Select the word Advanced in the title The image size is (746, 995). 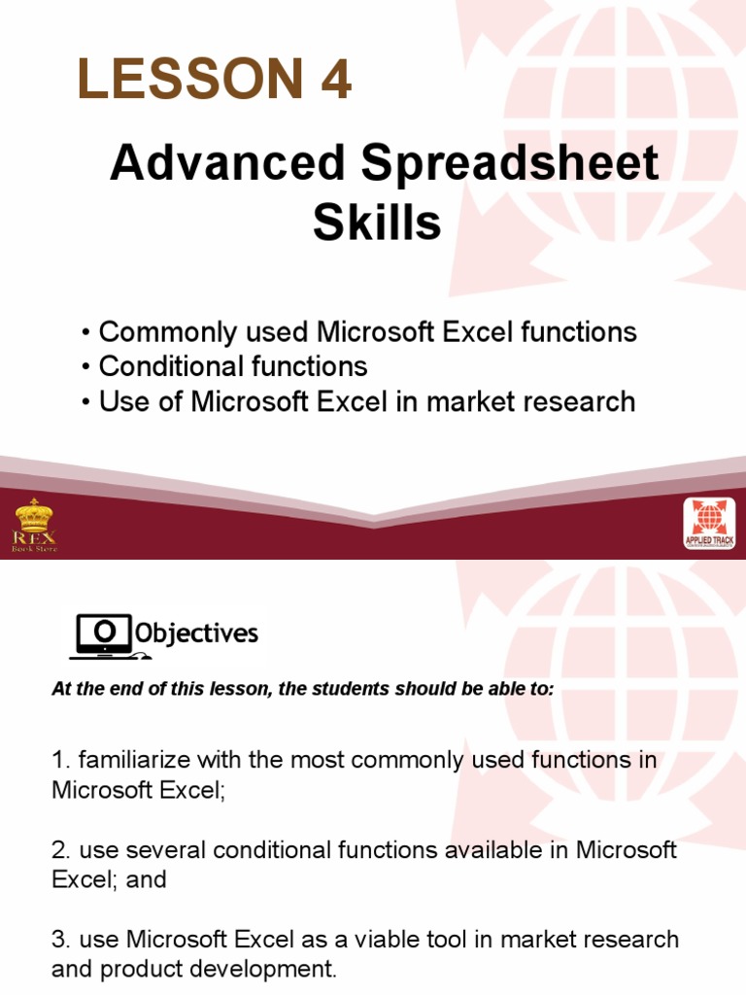[x=227, y=164]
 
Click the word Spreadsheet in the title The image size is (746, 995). [x=510, y=164]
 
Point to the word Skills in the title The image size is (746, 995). [x=377, y=223]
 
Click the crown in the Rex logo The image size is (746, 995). [x=34, y=513]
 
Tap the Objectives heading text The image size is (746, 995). [x=196, y=635]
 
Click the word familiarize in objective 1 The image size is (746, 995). [x=130, y=760]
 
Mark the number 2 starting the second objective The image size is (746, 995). [x=57, y=850]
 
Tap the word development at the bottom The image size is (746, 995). [x=261, y=969]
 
